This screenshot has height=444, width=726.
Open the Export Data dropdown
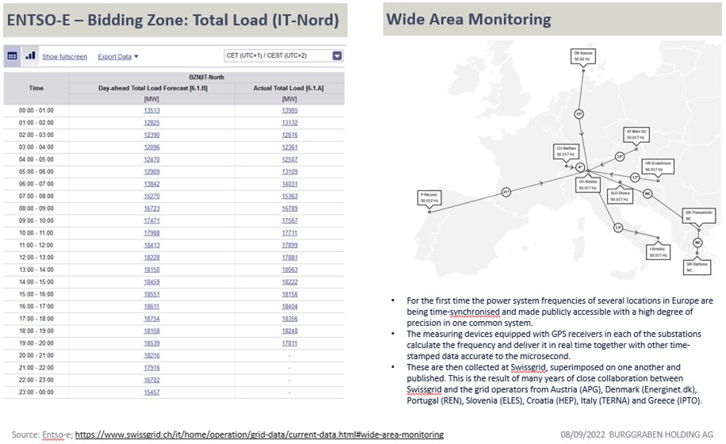(x=118, y=56)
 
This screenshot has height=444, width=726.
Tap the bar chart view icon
(x=30, y=55)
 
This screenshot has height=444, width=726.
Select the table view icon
(x=13, y=55)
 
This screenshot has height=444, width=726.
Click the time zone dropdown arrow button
(x=337, y=55)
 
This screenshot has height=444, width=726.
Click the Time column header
(x=36, y=88)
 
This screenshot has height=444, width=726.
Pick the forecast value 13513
(x=151, y=110)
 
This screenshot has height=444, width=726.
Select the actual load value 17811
(x=289, y=343)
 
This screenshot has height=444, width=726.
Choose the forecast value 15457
(x=151, y=392)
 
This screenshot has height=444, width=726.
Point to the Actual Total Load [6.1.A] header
(x=289, y=88)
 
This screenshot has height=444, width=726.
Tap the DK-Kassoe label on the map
(x=583, y=56)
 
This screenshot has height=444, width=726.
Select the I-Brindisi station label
(x=658, y=253)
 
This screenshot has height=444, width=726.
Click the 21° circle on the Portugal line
(x=506, y=191)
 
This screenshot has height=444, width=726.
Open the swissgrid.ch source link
(x=258, y=434)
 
